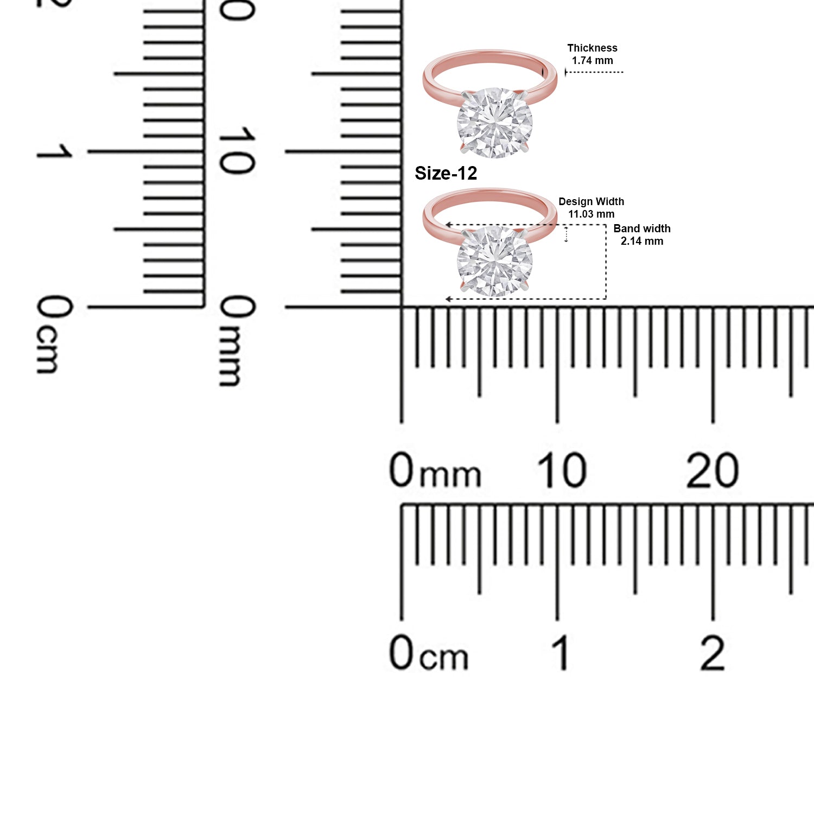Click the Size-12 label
[446, 173]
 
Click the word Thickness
[592, 48]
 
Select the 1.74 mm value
[592, 61]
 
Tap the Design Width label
[591, 202]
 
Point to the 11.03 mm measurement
[591, 214]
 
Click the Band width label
[642, 228]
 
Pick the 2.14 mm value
[642, 241]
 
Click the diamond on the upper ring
[494, 123]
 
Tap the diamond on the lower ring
[494, 262]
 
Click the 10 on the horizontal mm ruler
[562, 470]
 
